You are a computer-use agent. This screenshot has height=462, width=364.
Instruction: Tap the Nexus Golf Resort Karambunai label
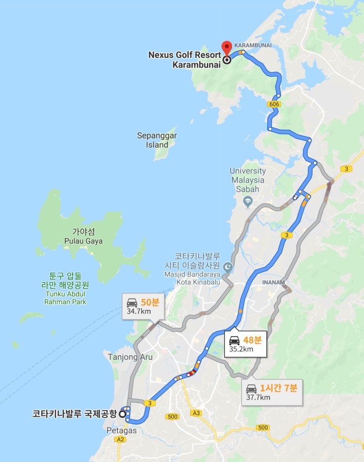pyautogui.click(x=184, y=59)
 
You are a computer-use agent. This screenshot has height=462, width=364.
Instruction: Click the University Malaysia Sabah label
pyautogui.click(x=248, y=180)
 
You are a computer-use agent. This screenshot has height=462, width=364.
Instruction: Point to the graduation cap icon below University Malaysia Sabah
pyautogui.click(x=248, y=200)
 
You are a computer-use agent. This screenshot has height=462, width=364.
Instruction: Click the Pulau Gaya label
pyautogui.click(x=83, y=237)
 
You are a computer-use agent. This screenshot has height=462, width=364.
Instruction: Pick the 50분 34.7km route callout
pyautogui.click(x=143, y=306)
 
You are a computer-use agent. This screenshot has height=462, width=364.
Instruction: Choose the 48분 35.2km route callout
pyautogui.click(x=246, y=344)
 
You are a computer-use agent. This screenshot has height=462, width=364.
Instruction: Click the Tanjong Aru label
pyautogui.click(x=130, y=357)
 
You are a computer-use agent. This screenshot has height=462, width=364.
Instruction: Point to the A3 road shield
pyautogui.click(x=196, y=413)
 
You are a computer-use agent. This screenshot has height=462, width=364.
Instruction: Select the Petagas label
pyautogui.click(x=122, y=430)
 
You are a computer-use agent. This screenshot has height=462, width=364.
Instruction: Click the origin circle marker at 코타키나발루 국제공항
pyautogui.click(x=122, y=414)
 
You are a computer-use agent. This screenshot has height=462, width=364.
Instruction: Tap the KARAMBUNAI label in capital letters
pyautogui.click(x=253, y=45)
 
